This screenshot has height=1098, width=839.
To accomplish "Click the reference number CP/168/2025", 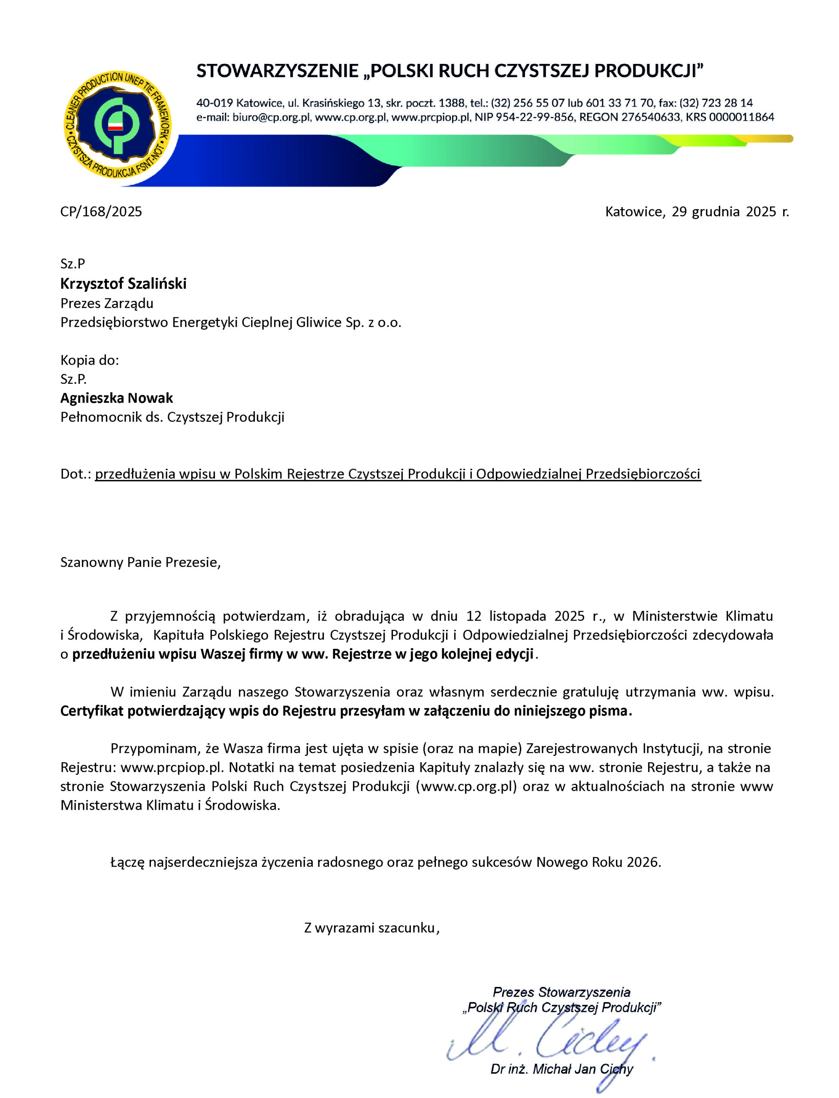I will (101, 212).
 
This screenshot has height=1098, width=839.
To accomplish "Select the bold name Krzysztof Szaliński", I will (124, 284).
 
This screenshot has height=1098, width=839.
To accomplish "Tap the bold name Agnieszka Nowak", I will (116, 398).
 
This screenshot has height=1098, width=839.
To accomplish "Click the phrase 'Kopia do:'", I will (90, 360).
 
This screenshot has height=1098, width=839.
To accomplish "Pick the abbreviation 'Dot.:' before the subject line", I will (76, 474).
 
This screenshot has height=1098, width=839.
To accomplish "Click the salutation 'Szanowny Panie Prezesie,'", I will (140, 562).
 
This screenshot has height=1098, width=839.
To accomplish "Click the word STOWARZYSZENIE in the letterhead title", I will (277, 71).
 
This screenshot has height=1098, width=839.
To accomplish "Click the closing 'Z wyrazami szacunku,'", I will (371, 928).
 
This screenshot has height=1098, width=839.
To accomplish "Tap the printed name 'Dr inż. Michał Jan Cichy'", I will (561, 1069).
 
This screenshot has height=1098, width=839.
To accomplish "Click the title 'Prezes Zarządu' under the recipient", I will (107, 303).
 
